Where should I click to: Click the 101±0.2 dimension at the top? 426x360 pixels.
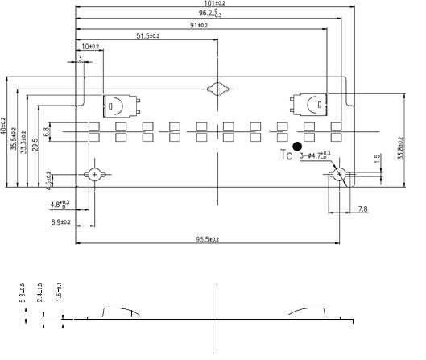click(x=216, y=4)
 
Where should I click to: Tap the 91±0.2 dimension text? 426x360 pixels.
click(x=198, y=25)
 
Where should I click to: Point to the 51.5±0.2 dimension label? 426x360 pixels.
click(x=147, y=36)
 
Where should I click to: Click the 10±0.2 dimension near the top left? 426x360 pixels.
click(x=90, y=47)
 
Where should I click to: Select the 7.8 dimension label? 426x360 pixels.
click(x=363, y=209)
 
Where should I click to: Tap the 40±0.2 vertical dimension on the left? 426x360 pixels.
click(x=4, y=131)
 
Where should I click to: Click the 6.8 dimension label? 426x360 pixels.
click(x=48, y=131)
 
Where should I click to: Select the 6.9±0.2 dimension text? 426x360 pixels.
click(x=60, y=222)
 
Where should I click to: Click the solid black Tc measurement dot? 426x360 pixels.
click(x=297, y=147)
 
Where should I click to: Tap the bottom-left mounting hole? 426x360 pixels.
click(x=95, y=174)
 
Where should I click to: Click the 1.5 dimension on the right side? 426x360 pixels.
click(x=377, y=160)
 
